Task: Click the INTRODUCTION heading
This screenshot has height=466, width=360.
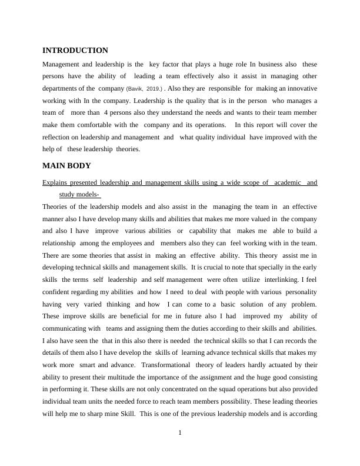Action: (x=75, y=51)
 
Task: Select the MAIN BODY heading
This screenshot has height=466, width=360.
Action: (x=67, y=166)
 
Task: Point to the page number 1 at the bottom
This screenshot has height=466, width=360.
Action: (x=180, y=433)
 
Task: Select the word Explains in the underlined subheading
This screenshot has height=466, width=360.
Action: (x=56, y=182)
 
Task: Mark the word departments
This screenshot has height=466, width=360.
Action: (x=62, y=88)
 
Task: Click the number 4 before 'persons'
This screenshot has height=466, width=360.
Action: (x=105, y=113)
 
